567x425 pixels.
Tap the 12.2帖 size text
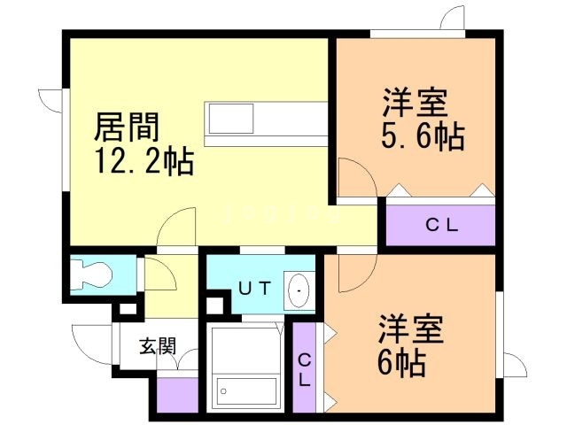pos(147,163)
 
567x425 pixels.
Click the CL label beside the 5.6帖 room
pos(440,225)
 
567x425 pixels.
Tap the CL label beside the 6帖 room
pos(304,369)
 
